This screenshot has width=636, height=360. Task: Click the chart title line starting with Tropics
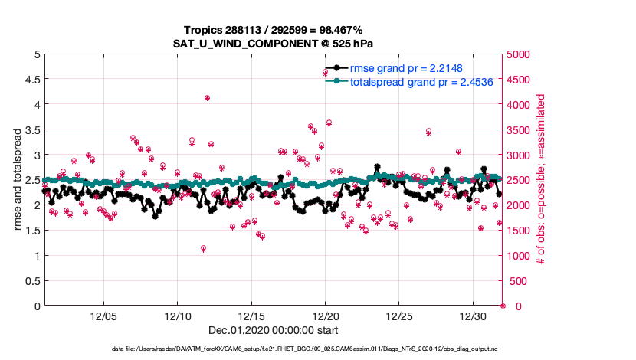pyautogui.click(x=273, y=29)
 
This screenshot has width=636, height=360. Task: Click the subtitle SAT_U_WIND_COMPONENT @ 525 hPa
pyautogui.click(x=273, y=43)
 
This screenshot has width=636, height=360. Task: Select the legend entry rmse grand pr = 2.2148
pyautogui.click(x=398, y=68)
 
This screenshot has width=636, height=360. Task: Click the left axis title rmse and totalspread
pyautogui.click(x=16, y=180)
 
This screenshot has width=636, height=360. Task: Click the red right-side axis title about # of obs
pyautogui.click(x=541, y=180)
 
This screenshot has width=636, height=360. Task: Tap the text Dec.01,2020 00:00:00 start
pyautogui.click(x=273, y=330)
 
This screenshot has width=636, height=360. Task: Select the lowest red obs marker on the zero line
pyautogui.click(x=503, y=306)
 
